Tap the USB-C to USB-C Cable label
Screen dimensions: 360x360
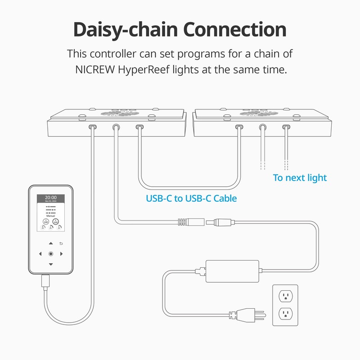pyautogui.click(x=191, y=198)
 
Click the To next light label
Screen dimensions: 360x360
pyautogui.click(x=300, y=178)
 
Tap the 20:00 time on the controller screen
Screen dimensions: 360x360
pyautogui.click(x=50, y=198)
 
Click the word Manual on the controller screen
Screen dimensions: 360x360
pyautogui.click(x=50, y=216)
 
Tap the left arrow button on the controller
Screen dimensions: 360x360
pyautogui.click(x=40, y=254)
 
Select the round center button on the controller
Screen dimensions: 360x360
pyautogui.click(x=50, y=254)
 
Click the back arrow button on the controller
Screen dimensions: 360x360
pyautogui.click(x=61, y=243)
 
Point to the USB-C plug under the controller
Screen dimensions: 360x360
pyautogui.click(x=45, y=281)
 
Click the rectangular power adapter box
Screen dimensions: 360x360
pyautogui.click(x=232, y=271)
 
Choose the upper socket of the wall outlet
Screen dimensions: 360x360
pyautogui.click(x=285, y=296)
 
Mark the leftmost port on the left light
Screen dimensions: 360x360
pyautogui.click(x=92, y=127)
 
